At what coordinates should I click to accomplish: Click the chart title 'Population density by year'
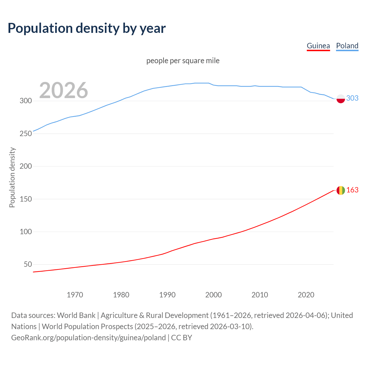click(x=87, y=28)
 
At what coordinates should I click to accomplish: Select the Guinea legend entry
click(x=318, y=46)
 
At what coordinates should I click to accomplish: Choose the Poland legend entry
click(x=347, y=46)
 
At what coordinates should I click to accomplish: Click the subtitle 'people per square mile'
click(x=183, y=61)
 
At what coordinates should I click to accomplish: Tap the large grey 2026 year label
click(x=63, y=90)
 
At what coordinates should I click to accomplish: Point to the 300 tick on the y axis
click(x=25, y=101)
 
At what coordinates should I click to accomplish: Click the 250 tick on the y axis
click(x=25, y=134)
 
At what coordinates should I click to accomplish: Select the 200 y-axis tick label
click(x=25, y=166)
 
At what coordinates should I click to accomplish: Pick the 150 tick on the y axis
click(x=25, y=199)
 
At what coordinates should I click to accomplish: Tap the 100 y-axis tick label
click(x=25, y=232)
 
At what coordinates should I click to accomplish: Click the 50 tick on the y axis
click(x=28, y=264)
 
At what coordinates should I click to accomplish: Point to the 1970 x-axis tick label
click(x=75, y=295)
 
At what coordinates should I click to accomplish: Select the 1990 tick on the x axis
click(x=167, y=295)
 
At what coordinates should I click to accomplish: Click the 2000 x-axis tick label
click(x=214, y=295)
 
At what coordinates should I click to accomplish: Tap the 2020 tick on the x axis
click(x=306, y=295)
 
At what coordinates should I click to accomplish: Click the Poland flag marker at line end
click(x=341, y=99)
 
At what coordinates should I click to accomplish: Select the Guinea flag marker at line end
click(x=341, y=190)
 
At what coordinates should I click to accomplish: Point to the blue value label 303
click(x=352, y=98)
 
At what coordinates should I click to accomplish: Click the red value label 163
click(x=352, y=190)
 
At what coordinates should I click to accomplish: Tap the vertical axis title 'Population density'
click(x=12, y=177)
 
